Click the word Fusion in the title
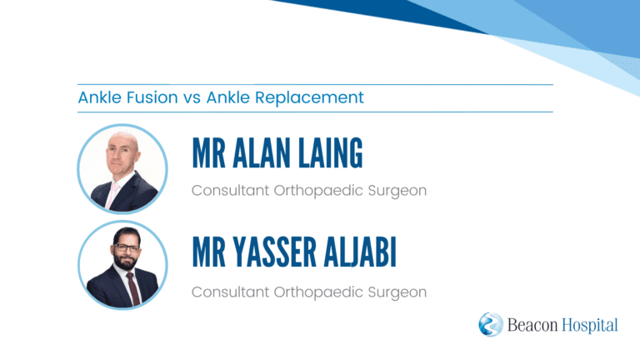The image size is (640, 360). [152, 97]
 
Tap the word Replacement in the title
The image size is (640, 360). [309, 97]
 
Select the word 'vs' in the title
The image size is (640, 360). [192, 98]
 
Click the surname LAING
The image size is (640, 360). [330, 153]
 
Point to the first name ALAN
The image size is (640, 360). [262, 153]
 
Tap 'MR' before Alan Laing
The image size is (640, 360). [208, 153]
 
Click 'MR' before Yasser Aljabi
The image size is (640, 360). [208, 252]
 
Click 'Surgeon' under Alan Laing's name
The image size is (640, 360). [397, 191]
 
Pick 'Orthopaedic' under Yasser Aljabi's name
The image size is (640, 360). [318, 292]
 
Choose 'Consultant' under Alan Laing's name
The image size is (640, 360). [230, 190]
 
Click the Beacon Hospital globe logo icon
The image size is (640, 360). [491, 324]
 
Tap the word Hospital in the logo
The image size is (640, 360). [590, 325]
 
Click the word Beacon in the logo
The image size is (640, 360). [532, 325]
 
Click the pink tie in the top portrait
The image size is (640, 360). [112, 195]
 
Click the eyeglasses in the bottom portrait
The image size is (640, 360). [127, 247]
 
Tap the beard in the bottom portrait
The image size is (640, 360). [125, 260]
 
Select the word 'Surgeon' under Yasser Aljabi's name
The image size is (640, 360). [397, 292]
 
